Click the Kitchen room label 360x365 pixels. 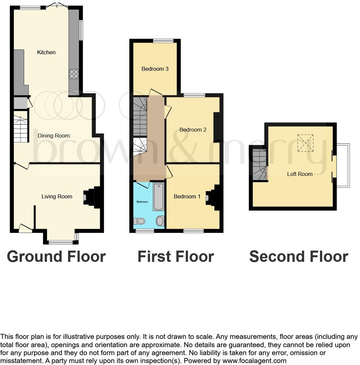[x=46, y=52]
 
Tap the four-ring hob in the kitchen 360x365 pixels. [x=74, y=74]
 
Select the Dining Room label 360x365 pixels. [x=54, y=136]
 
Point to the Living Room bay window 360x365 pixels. [x=61, y=242]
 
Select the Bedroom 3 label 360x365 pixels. [x=155, y=69]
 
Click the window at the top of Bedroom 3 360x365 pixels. [x=163, y=41]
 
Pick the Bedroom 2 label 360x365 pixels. [x=193, y=130]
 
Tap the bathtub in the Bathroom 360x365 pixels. [x=158, y=197]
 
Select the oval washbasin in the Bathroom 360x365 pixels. [x=160, y=221]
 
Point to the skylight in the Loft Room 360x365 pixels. [x=305, y=143]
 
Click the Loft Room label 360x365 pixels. [x=299, y=174]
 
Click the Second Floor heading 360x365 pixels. [x=298, y=257]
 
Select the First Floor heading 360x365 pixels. [x=175, y=257]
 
